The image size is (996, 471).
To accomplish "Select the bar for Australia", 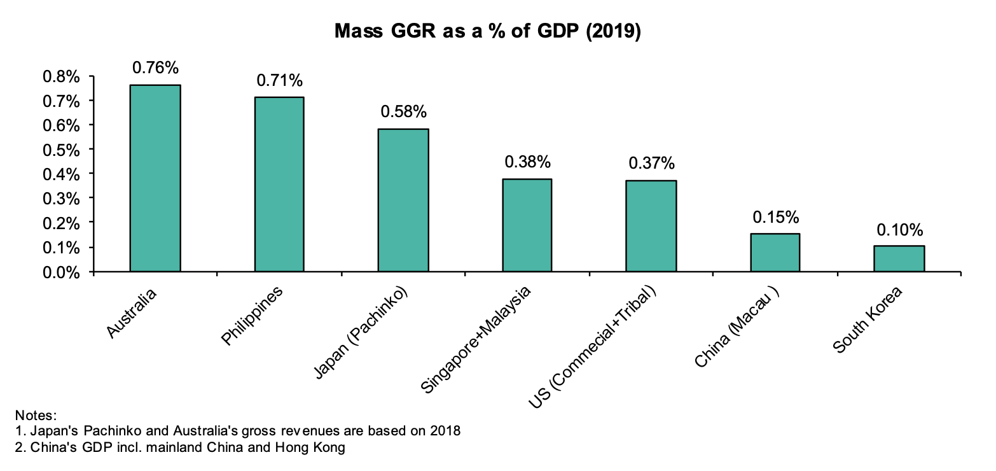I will (155, 178).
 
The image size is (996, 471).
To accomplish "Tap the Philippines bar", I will (279, 185).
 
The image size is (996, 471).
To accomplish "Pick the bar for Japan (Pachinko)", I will (403, 200).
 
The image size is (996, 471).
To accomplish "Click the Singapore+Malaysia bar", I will (527, 225).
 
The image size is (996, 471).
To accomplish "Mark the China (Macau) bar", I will (775, 253).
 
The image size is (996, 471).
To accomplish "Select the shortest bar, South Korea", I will (899, 258).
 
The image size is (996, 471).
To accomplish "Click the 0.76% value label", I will (155, 67).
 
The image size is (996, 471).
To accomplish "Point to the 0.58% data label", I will (403, 112).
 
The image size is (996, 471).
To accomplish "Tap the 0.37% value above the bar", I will (651, 164).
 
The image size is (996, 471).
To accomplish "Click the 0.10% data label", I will (899, 229).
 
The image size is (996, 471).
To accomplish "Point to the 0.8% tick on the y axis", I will (61, 77).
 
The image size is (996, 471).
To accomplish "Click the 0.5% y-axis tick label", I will (61, 150).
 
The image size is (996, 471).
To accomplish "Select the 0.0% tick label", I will (61, 272).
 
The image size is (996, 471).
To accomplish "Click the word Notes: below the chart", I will (36, 416).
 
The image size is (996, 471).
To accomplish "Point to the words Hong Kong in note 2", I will (311, 447).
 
